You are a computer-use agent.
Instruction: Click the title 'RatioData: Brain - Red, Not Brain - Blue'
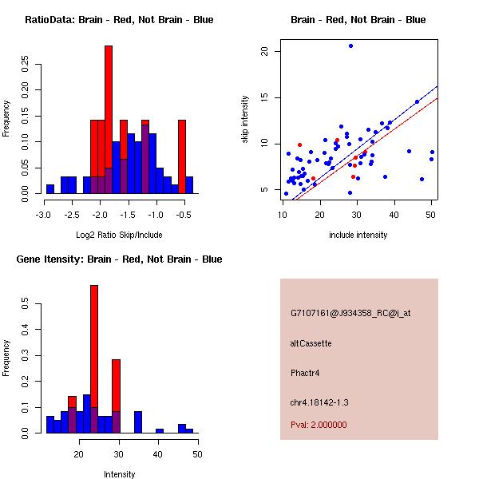tap(119, 19)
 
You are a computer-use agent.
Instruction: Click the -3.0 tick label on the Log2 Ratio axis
tap(46, 215)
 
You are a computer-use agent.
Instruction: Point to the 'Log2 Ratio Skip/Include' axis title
tap(119, 235)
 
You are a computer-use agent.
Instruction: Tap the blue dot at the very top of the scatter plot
tap(350, 46)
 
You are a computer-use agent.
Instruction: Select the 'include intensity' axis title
tap(358, 235)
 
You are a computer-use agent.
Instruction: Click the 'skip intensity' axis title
tap(246, 120)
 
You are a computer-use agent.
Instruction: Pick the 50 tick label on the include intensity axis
tap(432, 215)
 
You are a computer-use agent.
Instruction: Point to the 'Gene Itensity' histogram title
tap(119, 259)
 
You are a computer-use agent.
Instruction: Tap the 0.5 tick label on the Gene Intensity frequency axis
tap(26, 304)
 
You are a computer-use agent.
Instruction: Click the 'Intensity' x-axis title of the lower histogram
tap(119, 474)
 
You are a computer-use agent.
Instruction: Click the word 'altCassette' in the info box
tap(311, 343)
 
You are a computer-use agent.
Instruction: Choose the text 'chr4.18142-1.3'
tap(319, 402)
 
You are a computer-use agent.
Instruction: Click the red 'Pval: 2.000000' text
tap(319, 425)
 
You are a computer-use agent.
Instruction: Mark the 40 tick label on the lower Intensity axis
tap(158, 454)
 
